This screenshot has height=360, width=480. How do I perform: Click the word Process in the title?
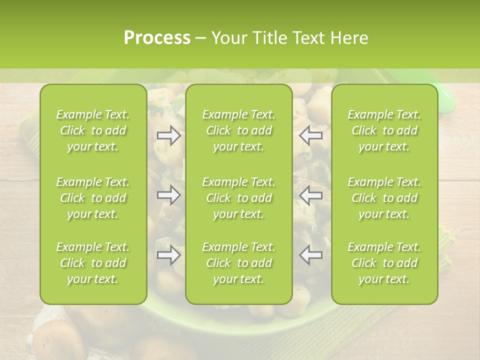tap(157, 38)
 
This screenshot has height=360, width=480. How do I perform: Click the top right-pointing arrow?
tap(168, 135)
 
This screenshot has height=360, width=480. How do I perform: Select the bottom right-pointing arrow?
tap(168, 255)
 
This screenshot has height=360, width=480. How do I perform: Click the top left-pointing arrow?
tap(311, 135)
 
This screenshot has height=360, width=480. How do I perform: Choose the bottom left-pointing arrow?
tap(311, 255)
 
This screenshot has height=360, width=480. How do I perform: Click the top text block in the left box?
tap(93, 130)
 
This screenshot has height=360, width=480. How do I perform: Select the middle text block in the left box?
tap(93, 198)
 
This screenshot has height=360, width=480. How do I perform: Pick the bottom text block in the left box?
tap(93, 263)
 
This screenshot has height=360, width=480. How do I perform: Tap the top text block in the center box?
tap(239, 130)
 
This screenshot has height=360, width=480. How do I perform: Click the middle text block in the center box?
tap(239, 198)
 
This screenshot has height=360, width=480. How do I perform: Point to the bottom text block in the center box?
tap(239, 263)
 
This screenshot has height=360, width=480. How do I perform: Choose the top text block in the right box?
tap(384, 130)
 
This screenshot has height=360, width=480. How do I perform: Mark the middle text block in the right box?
tap(384, 198)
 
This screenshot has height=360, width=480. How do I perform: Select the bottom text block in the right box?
tap(384, 263)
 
